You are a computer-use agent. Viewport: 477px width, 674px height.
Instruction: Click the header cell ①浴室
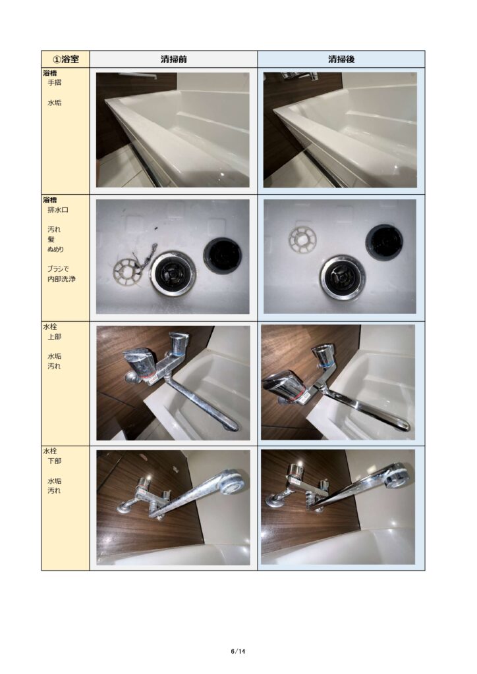[x=65, y=59]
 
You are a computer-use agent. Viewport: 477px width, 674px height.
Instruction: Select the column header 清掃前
[x=174, y=59]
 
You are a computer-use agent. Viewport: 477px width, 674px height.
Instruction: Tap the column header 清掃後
[x=341, y=59]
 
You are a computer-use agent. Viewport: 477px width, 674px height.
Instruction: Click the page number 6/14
[x=238, y=651]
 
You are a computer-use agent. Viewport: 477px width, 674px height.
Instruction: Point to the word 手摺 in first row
[x=54, y=82]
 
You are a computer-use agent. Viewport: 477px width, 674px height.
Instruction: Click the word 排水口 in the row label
[x=57, y=210]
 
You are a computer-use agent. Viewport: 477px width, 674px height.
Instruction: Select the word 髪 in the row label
[x=51, y=240]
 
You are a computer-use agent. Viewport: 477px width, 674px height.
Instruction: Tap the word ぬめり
[x=55, y=249]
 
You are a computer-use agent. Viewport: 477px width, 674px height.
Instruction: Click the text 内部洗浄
[x=61, y=279]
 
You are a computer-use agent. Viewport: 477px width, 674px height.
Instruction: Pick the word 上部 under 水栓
[x=54, y=336]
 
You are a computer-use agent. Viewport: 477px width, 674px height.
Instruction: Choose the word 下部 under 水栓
[x=54, y=461]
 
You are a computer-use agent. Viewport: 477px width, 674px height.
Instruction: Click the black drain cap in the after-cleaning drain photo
[x=384, y=242]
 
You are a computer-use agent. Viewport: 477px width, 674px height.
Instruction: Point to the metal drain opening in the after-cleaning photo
[x=343, y=276]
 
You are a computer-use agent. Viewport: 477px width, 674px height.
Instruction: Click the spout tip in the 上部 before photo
[x=231, y=425]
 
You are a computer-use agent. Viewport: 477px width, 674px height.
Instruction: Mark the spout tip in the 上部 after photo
[x=403, y=426]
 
